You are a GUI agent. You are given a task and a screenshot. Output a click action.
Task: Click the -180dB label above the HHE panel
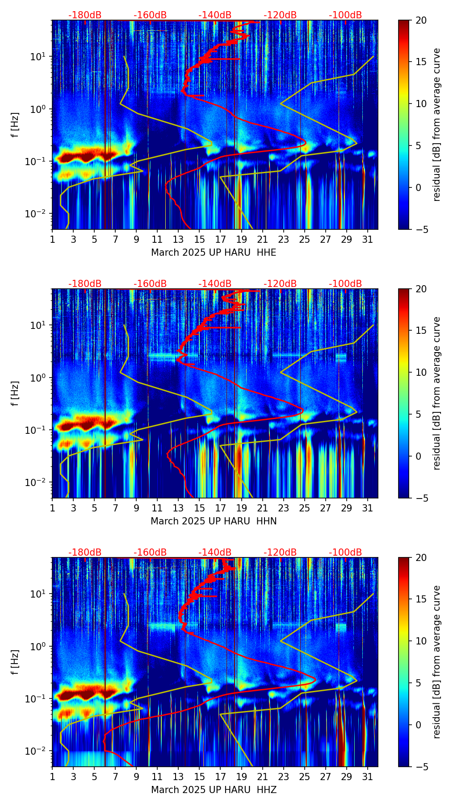pos(85,15)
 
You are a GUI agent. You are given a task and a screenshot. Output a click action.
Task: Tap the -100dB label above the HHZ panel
pos(345,553)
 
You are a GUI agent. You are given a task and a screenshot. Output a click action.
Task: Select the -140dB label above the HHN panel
pos(215,284)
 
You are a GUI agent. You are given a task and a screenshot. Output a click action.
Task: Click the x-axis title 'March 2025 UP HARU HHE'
pos(214,253)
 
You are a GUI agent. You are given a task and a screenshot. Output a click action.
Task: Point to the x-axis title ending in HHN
pos(214,521)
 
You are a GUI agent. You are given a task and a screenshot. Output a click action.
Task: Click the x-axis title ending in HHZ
pos(214,790)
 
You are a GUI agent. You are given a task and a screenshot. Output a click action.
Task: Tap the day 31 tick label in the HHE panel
pos(367,240)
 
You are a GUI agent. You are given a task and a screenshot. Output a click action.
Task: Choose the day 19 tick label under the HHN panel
pos(241,508)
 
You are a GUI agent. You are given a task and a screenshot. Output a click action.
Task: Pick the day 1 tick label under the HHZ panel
pos(52,777)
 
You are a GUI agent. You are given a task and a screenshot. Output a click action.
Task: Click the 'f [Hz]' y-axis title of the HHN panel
pos(16,393)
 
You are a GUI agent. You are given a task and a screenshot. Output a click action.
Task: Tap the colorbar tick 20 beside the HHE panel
pos(421,21)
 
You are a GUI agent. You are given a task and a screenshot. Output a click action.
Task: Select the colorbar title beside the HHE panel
pos(436,125)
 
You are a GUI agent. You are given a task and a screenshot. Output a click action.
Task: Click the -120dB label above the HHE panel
pos(280,15)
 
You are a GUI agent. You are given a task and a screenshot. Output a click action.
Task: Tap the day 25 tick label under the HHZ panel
pos(304,777)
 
